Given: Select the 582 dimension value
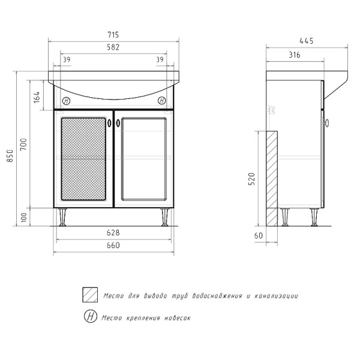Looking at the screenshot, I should pyautogui.click(x=113, y=47).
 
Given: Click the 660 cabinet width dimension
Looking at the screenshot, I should pyautogui.click(x=113, y=244).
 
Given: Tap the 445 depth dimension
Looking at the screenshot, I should pyautogui.click(x=307, y=41).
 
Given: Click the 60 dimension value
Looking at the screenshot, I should pyautogui.click(x=259, y=236).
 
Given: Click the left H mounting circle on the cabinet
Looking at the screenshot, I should pyautogui.click(x=66, y=101).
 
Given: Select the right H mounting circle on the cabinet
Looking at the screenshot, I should pyautogui.click(x=162, y=101).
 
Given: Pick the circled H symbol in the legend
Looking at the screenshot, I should pyautogui.click(x=90, y=317).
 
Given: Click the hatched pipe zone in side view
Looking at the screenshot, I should pyautogui.click(x=272, y=178).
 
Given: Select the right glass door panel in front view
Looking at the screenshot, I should pyautogui.click(x=143, y=159).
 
